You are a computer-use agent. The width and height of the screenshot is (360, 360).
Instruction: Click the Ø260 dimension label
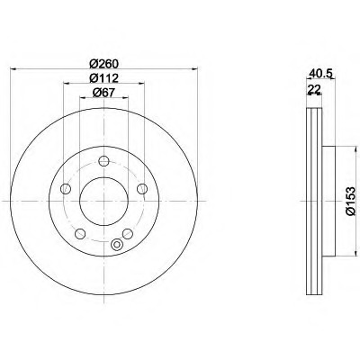(x=103, y=64)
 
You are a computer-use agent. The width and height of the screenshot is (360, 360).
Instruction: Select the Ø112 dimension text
(x=103, y=78)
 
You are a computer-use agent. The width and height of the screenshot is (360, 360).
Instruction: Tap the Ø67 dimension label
(x=103, y=93)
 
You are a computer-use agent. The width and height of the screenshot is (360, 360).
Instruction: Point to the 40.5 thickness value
(x=320, y=73)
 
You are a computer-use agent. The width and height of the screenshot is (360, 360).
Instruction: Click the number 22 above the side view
(x=314, y=88)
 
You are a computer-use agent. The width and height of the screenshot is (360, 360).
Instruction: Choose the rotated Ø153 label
(x=350, y=201)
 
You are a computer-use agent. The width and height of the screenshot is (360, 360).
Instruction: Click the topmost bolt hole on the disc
(x=103, y=161)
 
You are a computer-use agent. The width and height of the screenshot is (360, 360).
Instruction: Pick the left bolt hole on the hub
(x=66, y=189)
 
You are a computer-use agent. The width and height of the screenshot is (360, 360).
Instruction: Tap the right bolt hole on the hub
(x=142, y=189)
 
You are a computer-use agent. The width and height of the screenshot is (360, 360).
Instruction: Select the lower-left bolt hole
(x=80, y=234)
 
